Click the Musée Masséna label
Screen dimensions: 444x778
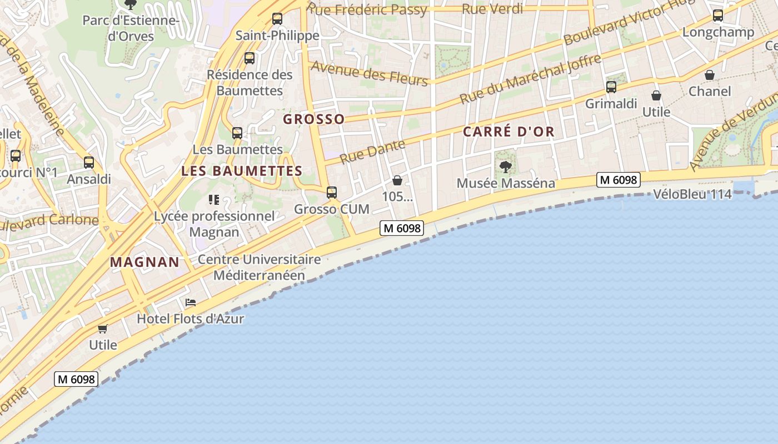coord(505,183)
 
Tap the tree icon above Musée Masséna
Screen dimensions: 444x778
coord(505,166)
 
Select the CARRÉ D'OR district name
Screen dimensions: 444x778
coord(508,132)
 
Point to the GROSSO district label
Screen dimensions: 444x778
coord(314,119)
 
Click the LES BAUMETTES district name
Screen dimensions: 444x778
coord(242,171)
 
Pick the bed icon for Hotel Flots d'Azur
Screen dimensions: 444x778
coord(191,302)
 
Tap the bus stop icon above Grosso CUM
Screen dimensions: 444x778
coord(332,193)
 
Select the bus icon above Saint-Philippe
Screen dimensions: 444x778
coord(277,19)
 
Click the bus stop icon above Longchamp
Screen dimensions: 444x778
coord(718,16)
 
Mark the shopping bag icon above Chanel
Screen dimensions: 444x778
coord(710,75)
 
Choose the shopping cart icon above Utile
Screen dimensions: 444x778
coord(103,329)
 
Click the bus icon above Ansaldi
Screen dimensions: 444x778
coord(89,163)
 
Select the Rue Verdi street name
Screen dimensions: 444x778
coord(492,9)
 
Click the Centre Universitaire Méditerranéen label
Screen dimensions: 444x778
coord(259,267)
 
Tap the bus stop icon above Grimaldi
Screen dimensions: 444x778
coord(611,87)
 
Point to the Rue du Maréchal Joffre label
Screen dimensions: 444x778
coord(530,79)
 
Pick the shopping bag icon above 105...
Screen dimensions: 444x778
coord(397,180)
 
